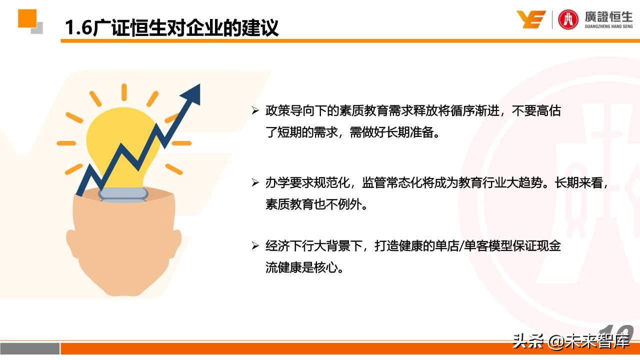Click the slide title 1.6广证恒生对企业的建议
click(171, 27)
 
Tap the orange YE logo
click(530, 19)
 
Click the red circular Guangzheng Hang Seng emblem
click(568, 19)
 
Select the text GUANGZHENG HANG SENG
click(608, 27)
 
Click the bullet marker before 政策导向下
click(255, 111)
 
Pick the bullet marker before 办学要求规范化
click(255, 183)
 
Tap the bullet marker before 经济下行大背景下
click(255, 246)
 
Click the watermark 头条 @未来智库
click(570, 341)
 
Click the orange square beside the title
click(27, 18)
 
